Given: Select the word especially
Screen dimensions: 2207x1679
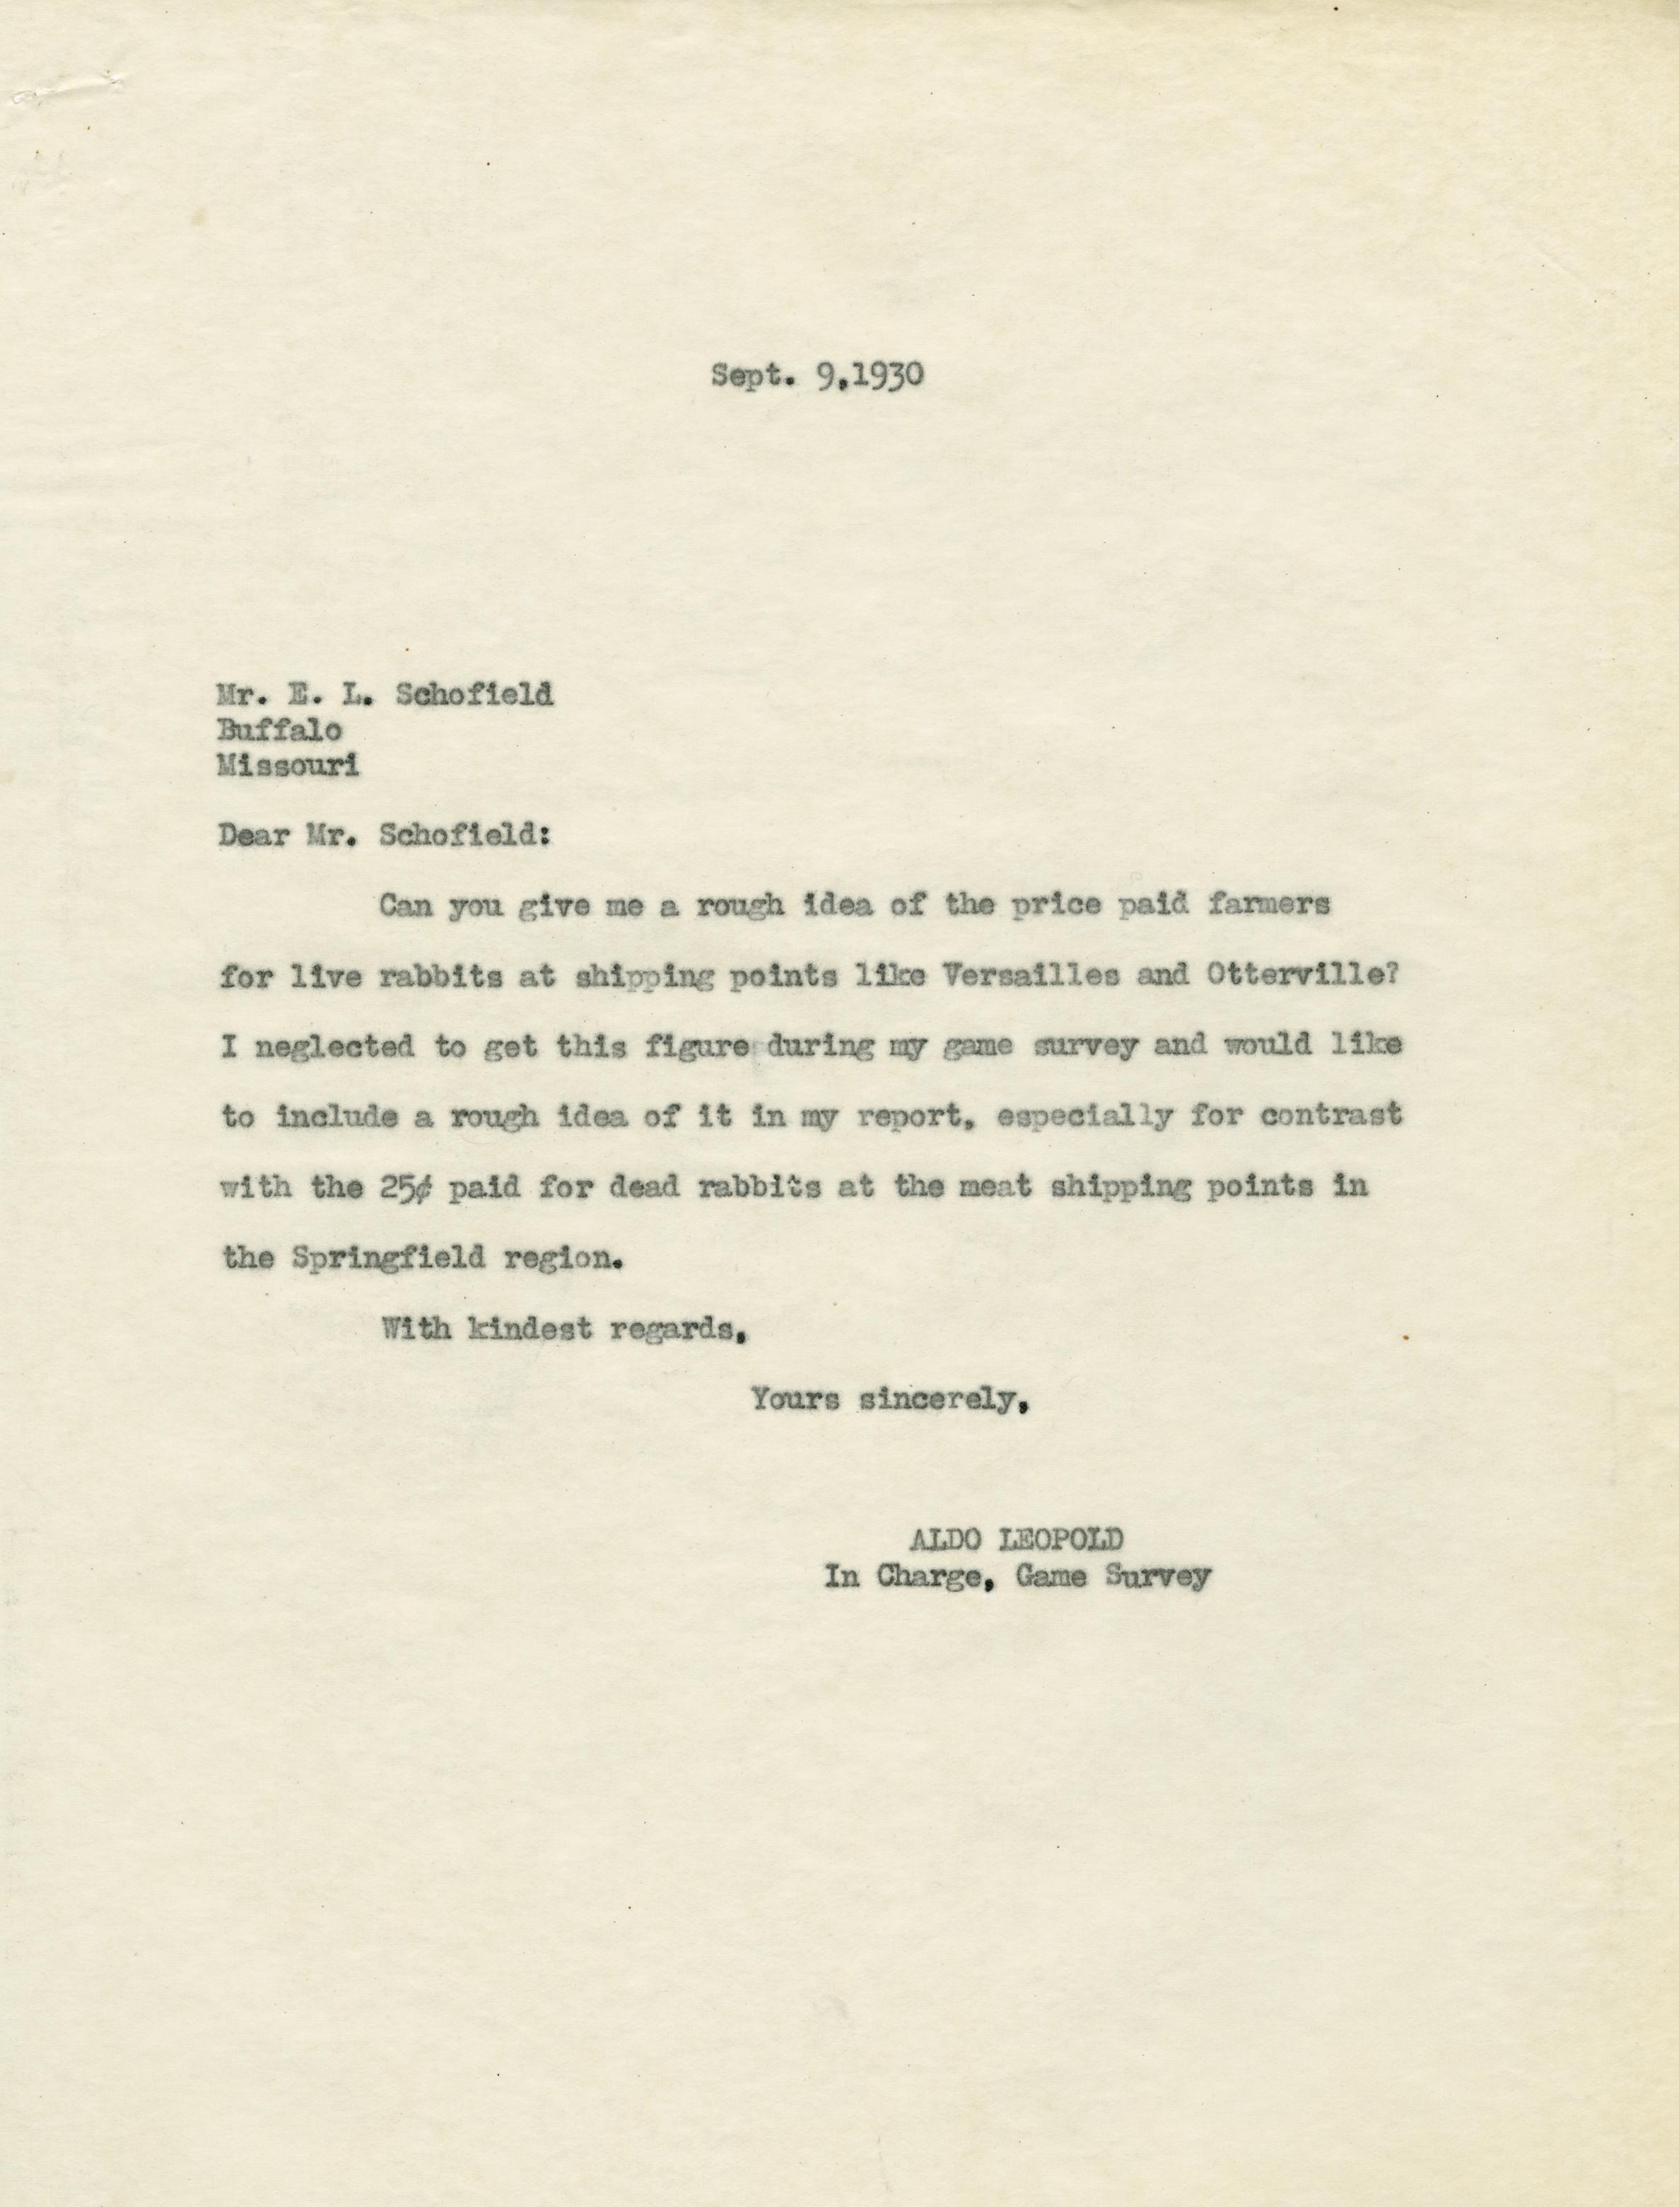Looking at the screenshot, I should coord(1084,1117).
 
